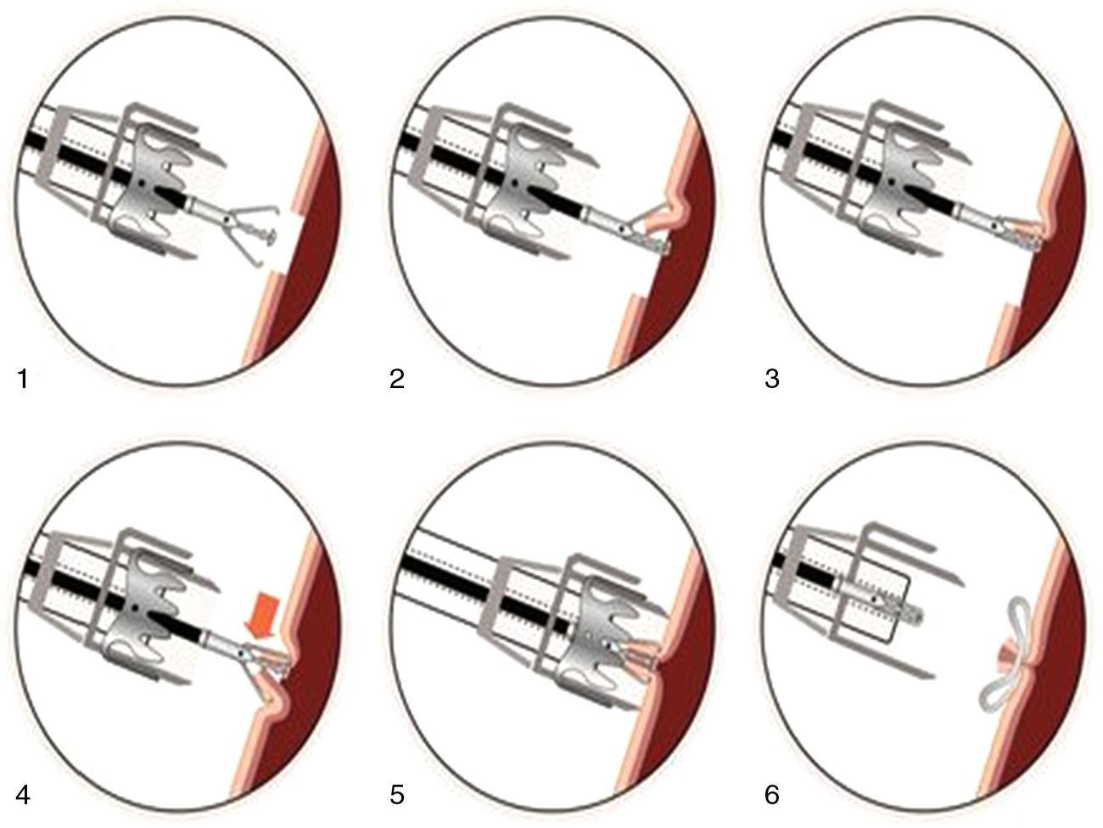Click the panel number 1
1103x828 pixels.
point(23,379)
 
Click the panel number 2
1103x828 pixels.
point(397,379)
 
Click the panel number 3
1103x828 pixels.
point(772,379)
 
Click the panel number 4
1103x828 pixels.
point(24,796)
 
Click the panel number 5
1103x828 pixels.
point(397,796)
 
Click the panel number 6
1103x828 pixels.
point(772,796)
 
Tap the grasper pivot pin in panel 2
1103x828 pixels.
point(623,229)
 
